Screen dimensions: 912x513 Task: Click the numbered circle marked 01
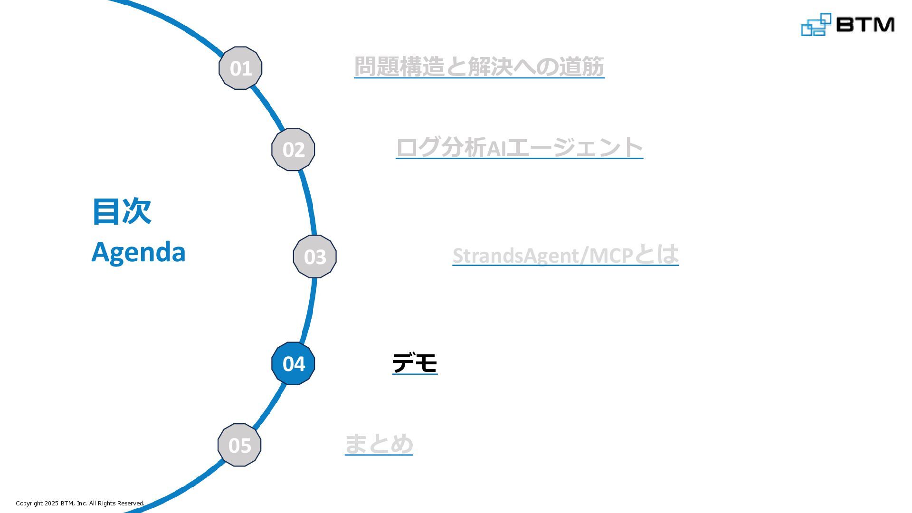pyautogui.click(x=240, y=68)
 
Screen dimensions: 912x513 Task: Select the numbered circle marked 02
pyautogui.click(x=293, y=149)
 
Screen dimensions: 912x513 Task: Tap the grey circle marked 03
pyautogui.click(x=314, y=256)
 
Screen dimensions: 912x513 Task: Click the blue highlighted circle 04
pyautogui.click(x=293, y=363)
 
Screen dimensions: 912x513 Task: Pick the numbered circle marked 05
pyautogui.click(x=239, y=445)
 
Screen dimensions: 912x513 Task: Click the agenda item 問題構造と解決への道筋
pyautogui.click(x=479, y=66)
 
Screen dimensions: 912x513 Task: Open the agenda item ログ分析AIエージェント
pyautogui.click(x=519, y=147)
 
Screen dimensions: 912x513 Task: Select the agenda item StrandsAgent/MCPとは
pyautogui.click(x=565, y=255)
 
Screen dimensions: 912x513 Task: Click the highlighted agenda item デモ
pyautogui.click(x=415, y=363)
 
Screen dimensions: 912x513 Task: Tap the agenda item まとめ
pyautogui.click(x=379, y=444)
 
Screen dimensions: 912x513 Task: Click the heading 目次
pyautogui.click(x=122, y=211)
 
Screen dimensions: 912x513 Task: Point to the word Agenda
pyautogui.click(x=138, y=252)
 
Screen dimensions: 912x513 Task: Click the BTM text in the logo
pyautogui.click(x=865, y=24)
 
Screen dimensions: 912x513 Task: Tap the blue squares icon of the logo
pyautogui.click(x=816, y=25)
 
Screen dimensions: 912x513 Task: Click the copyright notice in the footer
pyautogui.click(x=80, y=503)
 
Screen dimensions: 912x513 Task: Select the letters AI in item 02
pyautogui.click(x=496, y=148)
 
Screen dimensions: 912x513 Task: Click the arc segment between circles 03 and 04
pyautogui.click(x=309, y=309)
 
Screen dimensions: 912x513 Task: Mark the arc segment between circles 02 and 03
pyautogui.click(x=309, y=202)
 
